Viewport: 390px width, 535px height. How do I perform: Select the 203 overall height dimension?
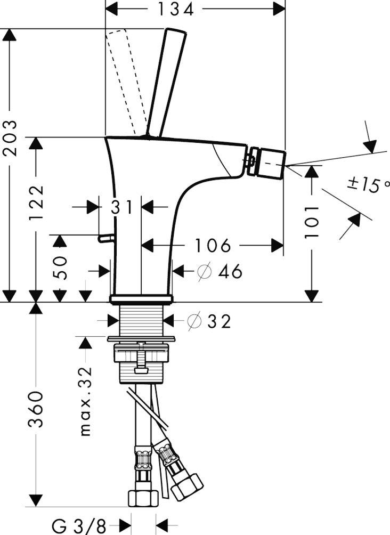(x=10, y=138)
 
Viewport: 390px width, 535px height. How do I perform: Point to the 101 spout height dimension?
(x=312, y=221)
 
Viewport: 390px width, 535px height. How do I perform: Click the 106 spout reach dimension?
(x=213, y=246)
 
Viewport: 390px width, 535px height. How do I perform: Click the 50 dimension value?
(x=60, y=268)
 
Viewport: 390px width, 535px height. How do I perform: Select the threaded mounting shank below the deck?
(x=141, y=320)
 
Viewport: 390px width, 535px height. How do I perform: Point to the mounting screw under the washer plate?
(x=141, y=362)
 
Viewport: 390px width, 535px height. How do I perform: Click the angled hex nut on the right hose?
(x=189, y=485)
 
